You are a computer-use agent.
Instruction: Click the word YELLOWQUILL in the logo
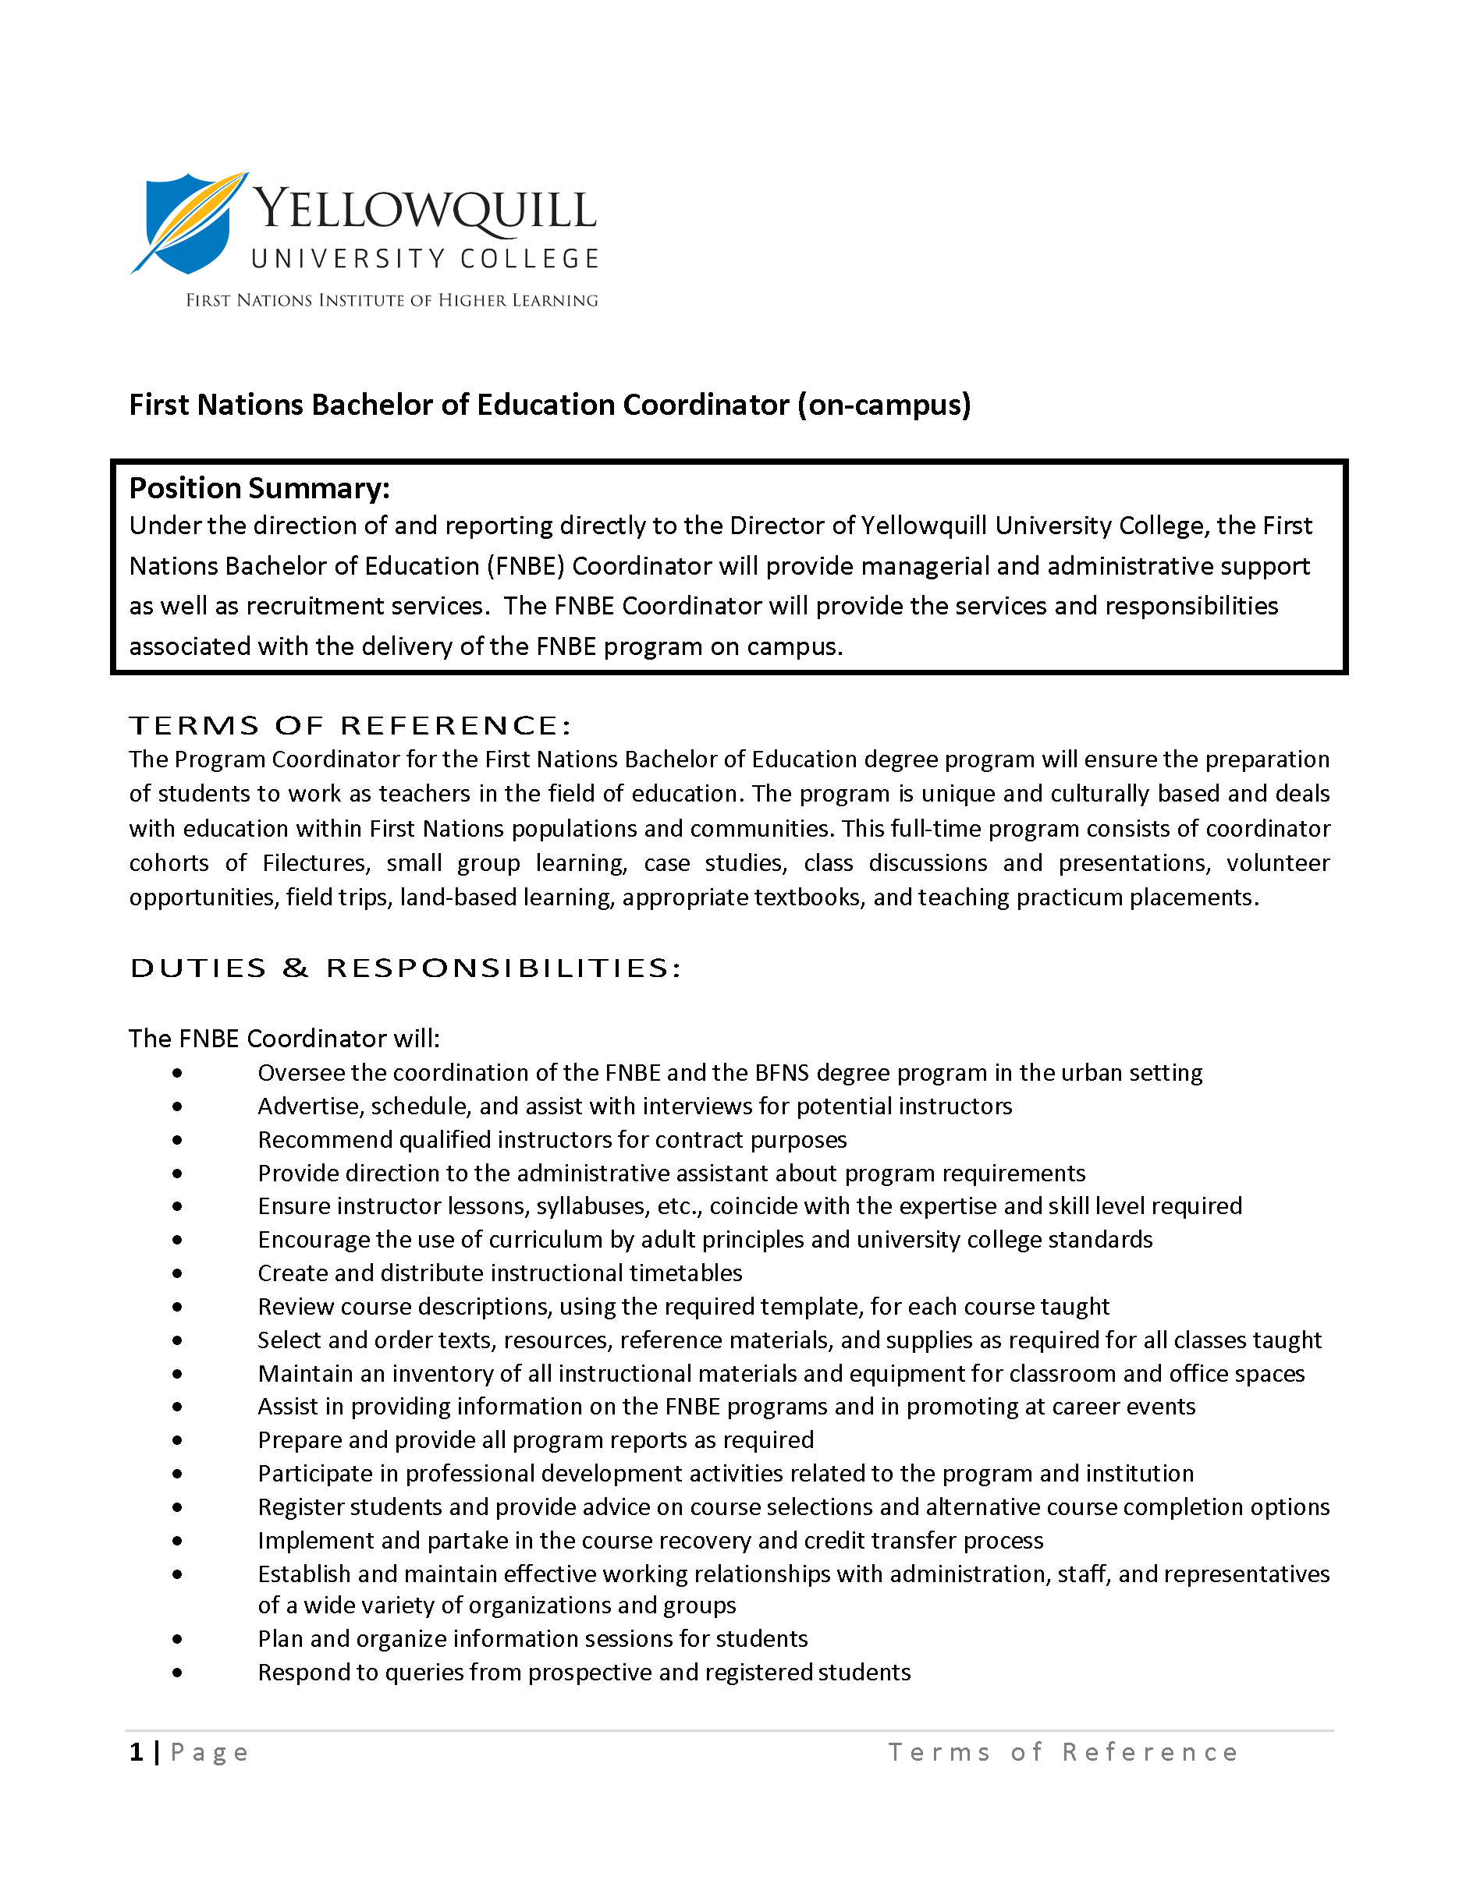tap(424, 210)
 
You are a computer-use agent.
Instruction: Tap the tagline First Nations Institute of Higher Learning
tap(392, 301)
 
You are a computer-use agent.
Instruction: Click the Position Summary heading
tap(259, 488)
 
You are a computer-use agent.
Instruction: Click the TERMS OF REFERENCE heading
tap(350, 725)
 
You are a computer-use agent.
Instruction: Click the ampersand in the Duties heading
tap(295, 968)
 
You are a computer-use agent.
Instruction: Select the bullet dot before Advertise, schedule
tap(177, 1106)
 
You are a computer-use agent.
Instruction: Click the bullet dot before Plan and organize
tap(177, 1638)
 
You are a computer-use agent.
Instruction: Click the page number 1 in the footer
tap(137, 1751)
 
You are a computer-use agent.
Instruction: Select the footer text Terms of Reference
tap(1063, 1751)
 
